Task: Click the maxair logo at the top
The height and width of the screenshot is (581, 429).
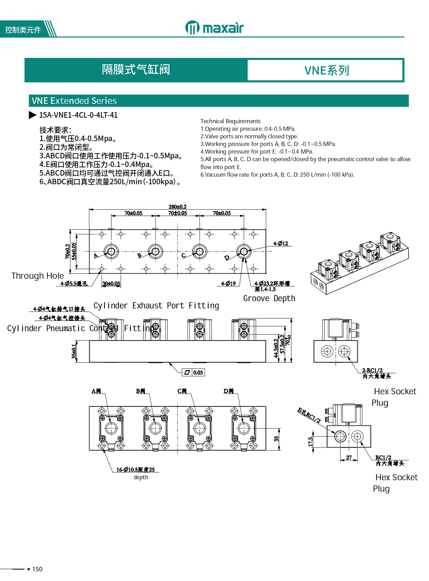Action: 214,28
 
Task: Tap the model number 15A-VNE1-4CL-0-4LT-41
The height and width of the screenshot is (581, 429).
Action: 78,115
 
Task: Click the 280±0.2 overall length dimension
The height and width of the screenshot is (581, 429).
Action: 177,207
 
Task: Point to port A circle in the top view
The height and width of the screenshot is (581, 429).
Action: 111,251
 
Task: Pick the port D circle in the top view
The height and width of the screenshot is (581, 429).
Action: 244,251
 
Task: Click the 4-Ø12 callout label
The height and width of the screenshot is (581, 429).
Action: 281,244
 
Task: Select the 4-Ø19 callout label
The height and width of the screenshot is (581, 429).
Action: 228,284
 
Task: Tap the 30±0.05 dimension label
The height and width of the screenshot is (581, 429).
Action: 111,284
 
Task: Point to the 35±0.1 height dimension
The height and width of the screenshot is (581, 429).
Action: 74,351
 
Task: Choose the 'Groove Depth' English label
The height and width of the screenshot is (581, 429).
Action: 269,298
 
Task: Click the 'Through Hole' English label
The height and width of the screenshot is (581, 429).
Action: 37,276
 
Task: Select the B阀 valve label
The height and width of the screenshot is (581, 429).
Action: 140,391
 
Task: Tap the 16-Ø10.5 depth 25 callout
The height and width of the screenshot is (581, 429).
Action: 136,470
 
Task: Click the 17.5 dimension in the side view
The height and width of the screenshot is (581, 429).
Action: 310,441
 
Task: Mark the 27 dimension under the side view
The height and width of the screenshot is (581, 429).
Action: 349,457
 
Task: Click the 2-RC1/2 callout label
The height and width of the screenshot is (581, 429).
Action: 372,370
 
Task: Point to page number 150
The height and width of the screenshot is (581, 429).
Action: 37,569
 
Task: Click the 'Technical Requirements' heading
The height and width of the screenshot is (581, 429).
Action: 231,121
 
